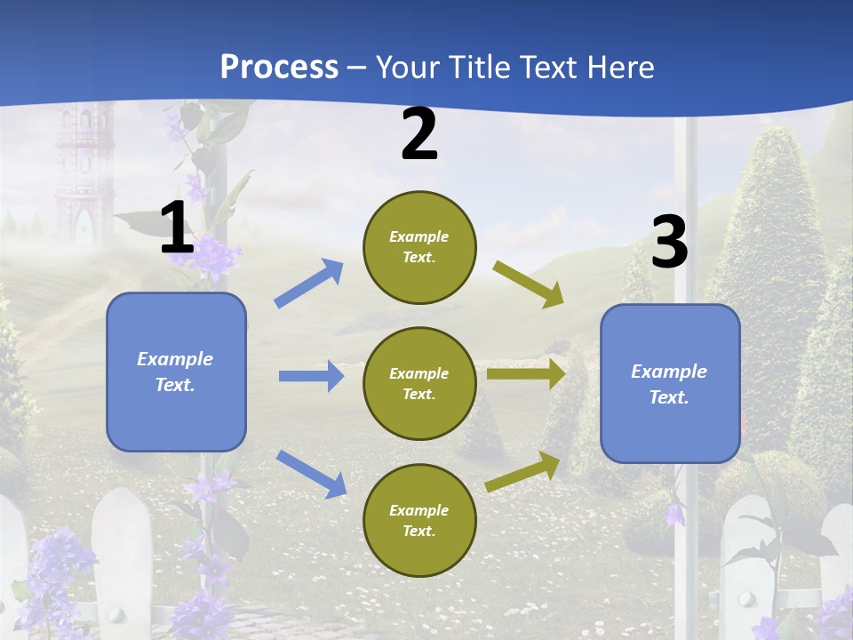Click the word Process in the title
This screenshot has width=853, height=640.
click(x=279, y=67)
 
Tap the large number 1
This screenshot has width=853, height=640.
click(x=177, y=229)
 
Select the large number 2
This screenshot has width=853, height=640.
click(x=419, y=135)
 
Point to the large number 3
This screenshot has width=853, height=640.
click(x=669, y=243)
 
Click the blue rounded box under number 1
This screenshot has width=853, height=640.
click(x=176, y=372)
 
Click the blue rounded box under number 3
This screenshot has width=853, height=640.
click(x=670, y=383)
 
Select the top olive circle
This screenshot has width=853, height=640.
click(x=419, y=247)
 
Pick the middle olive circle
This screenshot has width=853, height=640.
click(x=419, y=383)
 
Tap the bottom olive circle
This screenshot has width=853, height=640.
click(x=419, y=520)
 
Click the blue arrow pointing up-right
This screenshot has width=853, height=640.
click(x=309, y=284)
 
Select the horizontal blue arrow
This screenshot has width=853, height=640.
click(x=311, y=376)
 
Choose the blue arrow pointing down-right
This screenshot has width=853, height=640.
click(x=311, y=474)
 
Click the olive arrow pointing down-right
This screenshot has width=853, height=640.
click(x=528, y=284)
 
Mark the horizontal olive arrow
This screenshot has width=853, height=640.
click(x=526, y=373)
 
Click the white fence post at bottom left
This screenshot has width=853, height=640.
click(x=122, y=560)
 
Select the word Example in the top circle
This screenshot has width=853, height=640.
click(x=419, y=236)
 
